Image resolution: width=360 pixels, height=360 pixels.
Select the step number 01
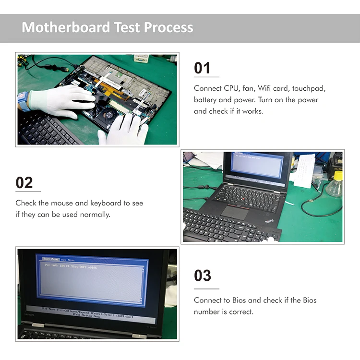click(202, 68)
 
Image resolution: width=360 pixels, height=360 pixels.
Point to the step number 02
click(24, 183)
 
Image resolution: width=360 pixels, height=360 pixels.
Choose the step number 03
click(202, 276)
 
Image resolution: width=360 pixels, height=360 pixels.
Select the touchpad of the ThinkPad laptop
click(235, 212)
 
